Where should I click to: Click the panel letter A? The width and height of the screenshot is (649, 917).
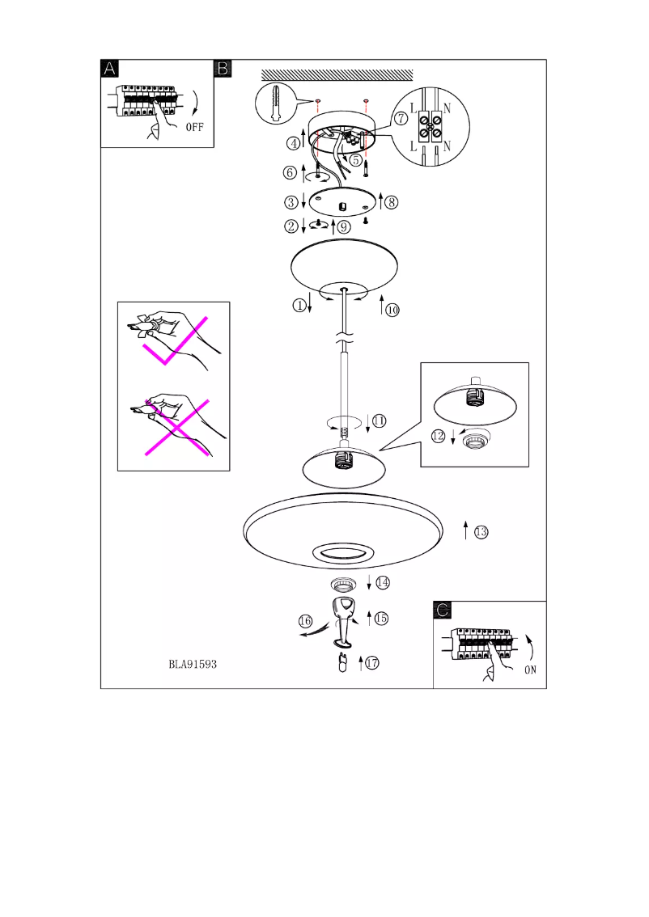coord(110,69)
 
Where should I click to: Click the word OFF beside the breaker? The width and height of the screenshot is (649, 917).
coord(196,127)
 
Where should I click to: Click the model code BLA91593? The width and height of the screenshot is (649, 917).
coord(193,665)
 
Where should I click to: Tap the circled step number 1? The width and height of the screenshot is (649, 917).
coord(300,305)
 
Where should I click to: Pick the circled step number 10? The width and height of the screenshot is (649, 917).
coord(392,310)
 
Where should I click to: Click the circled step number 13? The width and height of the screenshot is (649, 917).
coord(481,531)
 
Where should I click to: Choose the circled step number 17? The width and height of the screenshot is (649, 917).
coord(371,663)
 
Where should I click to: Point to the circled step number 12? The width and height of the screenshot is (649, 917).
coord(438,435)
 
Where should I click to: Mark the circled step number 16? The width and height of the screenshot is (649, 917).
coord(305,621)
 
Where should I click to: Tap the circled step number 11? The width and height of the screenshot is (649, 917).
coord(379,420)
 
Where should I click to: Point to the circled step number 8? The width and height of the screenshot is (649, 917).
coord(392,202)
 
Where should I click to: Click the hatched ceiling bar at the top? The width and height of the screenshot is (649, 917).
coord(337,74)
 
